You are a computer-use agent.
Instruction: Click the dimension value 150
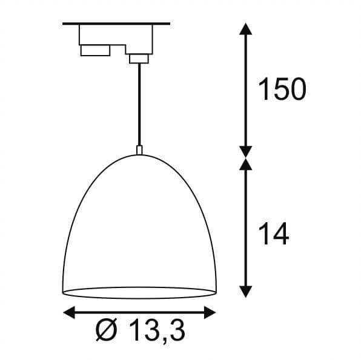pos(282,90)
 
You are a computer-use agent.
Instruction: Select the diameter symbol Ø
pos(107,332)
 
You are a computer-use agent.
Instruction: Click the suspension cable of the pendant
pos(139,103)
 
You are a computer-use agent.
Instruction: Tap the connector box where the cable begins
pos(138,58)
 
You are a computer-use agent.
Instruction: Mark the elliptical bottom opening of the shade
pos(139,293)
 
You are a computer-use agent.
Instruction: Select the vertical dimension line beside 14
pos(245,230)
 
